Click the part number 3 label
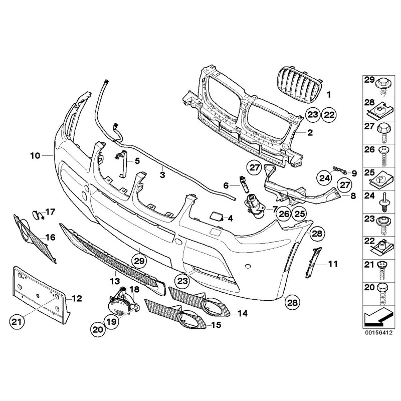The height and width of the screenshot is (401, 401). pyautogui.click(x=162, y=174)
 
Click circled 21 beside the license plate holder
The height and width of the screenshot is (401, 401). pyautogui.click(x=18, y=321)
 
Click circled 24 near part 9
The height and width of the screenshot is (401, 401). pyautogui.click(x=324, y=176)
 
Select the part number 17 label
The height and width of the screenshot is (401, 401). pyautogui.click(x=50, y=212)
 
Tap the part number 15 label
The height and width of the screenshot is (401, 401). pyautogui.click(x=216, y=325)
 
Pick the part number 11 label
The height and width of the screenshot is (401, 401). pyautogui.click(x=333, y=262)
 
